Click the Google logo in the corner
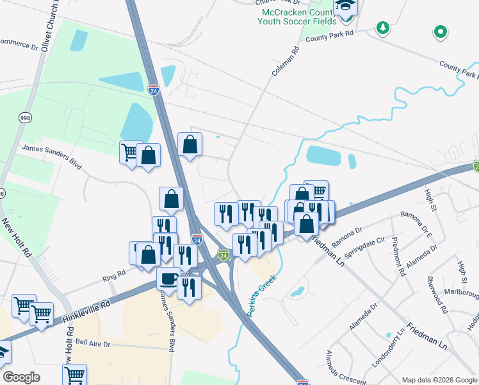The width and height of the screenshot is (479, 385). click(21, 377)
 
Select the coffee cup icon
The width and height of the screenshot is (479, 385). click(169, 278)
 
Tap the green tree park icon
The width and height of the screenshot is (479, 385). click(382, 28)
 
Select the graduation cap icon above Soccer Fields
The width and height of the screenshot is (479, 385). click(345, 6)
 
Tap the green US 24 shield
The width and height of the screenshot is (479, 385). click(223, 255)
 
